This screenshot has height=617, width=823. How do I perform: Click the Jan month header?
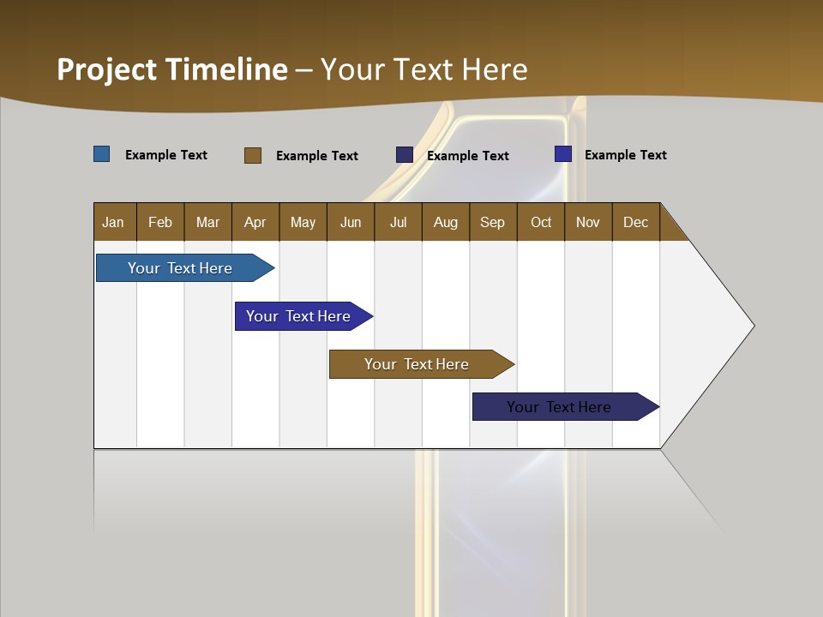pos(113,222)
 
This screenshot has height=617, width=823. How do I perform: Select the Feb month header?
pos(160,222)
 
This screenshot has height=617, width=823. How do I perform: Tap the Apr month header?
pos(255,222)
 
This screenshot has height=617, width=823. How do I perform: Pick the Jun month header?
pos(351,222)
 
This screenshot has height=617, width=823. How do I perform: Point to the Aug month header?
pos(445,222)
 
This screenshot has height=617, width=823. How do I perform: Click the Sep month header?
pos(492,222)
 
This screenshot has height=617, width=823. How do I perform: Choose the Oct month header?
pos(541,222)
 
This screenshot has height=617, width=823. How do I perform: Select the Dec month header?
pos(635,222)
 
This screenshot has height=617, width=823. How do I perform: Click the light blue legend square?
pos(102,154)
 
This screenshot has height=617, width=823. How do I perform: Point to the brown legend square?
pos(253,155)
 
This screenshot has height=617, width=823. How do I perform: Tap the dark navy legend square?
pos(405,155)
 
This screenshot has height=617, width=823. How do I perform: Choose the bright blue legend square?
pos(563,154)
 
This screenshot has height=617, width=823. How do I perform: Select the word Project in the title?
pos(107,69)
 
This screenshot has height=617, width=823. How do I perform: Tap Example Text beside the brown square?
pos(316,156)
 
